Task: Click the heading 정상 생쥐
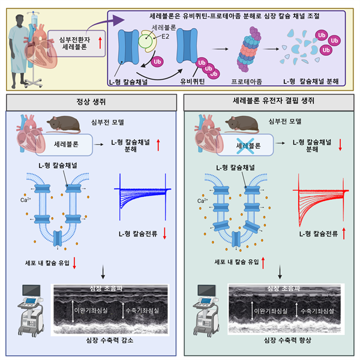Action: pyautogui.click(x=90, y=101)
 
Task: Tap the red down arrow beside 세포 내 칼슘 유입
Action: pyautogui.click(x=74, y=262)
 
